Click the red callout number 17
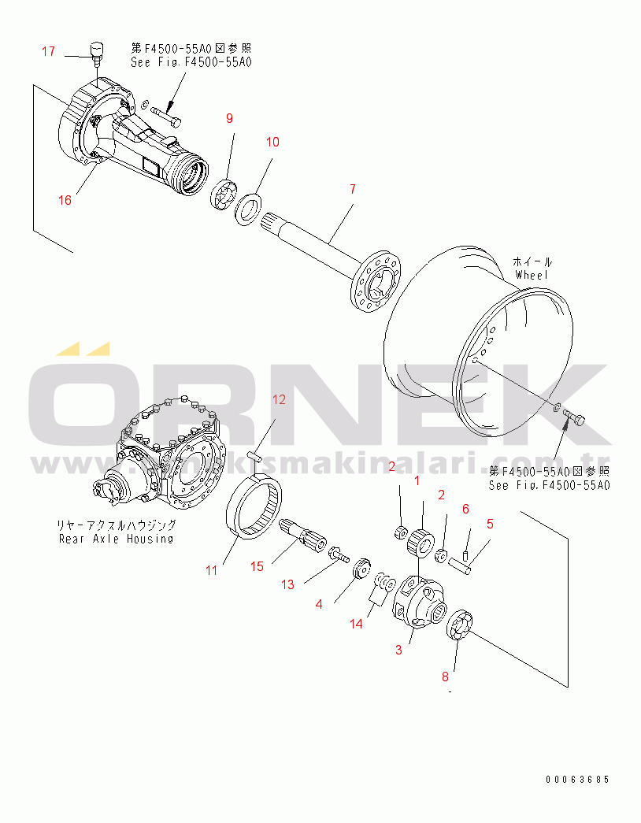pos(48,52)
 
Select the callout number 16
pos(65,200)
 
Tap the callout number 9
pos(230,118)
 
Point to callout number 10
pos(272,142)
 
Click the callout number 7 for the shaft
pos(352,189)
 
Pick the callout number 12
pos(279,399)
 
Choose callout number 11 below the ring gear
pos(211,570)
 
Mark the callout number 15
pos(257,567)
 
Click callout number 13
pos(287,584)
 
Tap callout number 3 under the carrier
pos(398,650)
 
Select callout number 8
pos(445,676)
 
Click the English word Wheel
pos(532,275)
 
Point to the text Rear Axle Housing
pos(116,539)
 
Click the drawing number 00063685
pos(577,780)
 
